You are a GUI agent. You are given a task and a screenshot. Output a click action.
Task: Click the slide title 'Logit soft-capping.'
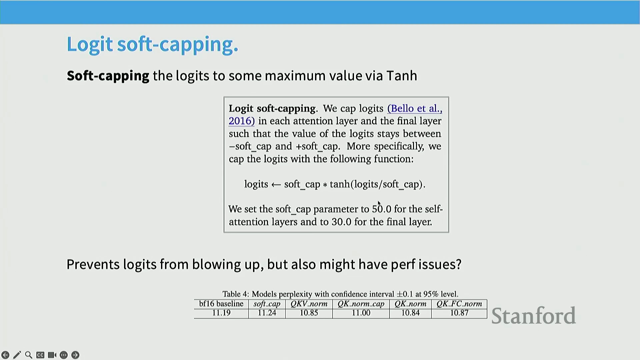point(152,45)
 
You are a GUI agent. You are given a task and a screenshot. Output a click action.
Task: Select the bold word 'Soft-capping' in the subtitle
point(108,76)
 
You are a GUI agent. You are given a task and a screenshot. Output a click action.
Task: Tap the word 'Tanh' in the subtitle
point(402,76)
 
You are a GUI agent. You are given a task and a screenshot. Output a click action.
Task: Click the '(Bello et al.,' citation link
point(415,108)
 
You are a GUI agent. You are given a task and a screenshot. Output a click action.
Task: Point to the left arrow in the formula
point(276,185)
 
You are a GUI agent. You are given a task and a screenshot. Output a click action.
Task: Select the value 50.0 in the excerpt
point(382,209)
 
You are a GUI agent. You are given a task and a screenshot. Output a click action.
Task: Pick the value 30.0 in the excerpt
point(341,222)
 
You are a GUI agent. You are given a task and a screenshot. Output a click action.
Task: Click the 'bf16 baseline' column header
point(221,304)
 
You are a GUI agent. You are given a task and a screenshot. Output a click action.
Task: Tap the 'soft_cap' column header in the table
point(267,304)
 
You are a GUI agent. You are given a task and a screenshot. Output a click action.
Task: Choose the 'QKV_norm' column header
point(309,304)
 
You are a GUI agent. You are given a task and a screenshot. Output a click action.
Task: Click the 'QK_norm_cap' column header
point(361,304)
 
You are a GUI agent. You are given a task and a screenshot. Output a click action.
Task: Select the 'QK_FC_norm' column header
point(459,304)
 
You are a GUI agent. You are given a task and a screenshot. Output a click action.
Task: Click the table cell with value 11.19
point(221,313)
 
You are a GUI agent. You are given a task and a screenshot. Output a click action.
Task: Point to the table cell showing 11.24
point(267,313)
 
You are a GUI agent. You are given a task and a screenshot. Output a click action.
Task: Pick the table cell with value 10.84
point(410,313)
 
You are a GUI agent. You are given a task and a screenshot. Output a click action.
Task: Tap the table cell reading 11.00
point(361,313)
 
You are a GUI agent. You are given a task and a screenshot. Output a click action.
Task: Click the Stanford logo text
point(534,316)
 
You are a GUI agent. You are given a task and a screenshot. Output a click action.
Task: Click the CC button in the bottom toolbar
point(40,355)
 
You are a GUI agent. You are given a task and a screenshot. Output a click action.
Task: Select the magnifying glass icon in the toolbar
point(29,355)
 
